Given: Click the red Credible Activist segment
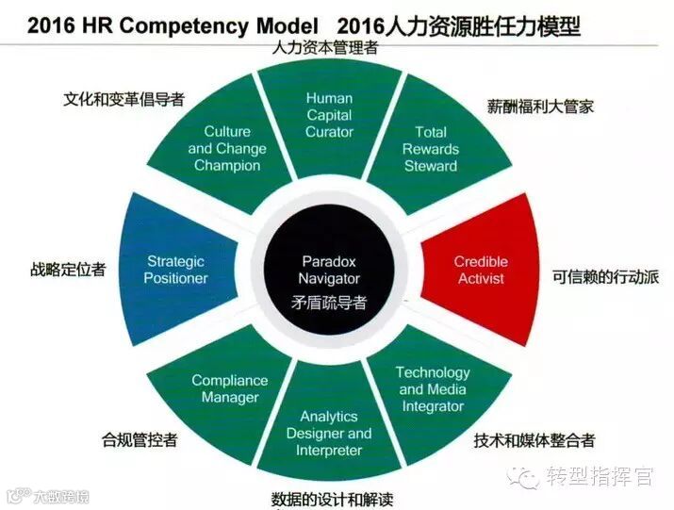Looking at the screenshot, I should click(x=480, y=270).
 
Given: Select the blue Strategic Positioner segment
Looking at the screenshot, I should click(x=176, y=270).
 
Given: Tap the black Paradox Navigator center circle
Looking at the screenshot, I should click(x=329, y=270).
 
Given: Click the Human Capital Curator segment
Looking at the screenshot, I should click(x=329, y=116).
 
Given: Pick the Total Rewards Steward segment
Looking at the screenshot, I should click(x=430, y=149).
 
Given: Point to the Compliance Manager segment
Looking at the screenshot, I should click(x=229, y=388).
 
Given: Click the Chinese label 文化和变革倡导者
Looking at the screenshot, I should click(x=123, y=98).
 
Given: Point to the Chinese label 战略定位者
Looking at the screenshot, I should click(x=68, y=269).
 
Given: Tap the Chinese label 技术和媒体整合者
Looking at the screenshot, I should click(x=534, y=440).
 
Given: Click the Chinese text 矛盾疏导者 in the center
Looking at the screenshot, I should click(x=329, y=304).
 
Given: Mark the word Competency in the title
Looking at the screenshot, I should click(x=189, y=26).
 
